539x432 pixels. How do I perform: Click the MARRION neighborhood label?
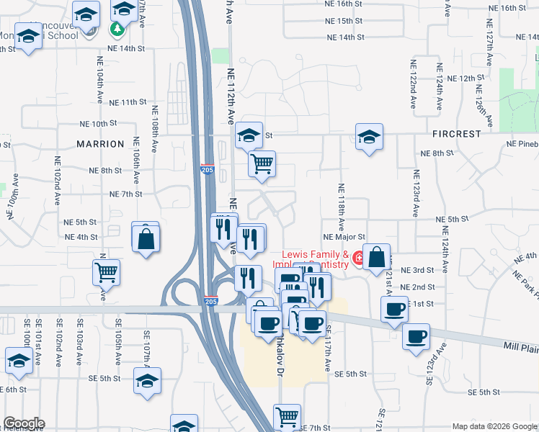(x=100, y=144)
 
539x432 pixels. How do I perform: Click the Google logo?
(x=23, y=423)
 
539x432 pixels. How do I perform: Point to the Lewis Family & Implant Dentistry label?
(x=315, y=259)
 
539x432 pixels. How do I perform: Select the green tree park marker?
(x=117, y=29)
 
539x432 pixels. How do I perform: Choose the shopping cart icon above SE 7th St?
(x=287, y=415)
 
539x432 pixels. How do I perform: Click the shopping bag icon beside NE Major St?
(x=376, y=256)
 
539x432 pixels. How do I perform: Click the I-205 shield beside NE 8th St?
(x=208, y=170)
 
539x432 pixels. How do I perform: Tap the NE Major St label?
(x=344, y=236)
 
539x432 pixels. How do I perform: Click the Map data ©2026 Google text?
(x=494, y=426)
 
